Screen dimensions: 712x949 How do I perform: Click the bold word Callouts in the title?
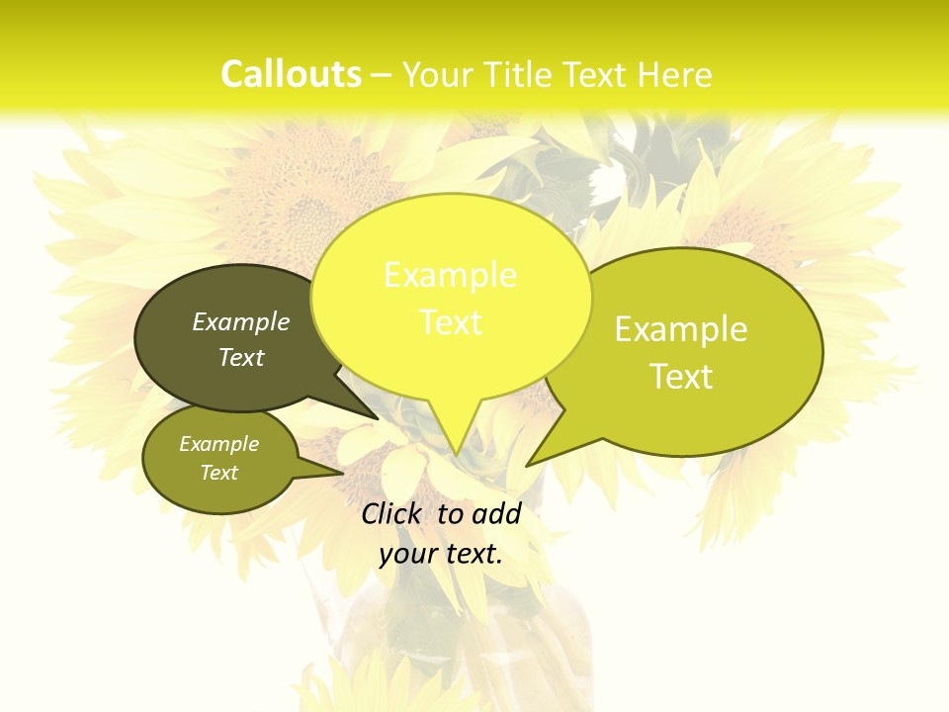pos(291,74)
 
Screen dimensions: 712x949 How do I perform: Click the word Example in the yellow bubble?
pos(450,275)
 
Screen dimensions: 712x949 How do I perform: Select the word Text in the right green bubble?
pos(681,377)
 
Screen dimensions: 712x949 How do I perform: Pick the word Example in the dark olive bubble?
pos(241,321)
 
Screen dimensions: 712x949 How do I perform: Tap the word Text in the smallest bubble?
pos(219,473)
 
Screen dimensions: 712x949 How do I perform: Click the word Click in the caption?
pos(390,513)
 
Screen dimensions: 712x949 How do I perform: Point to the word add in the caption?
pos(495,513)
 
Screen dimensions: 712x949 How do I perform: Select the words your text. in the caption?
pos(441,554)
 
